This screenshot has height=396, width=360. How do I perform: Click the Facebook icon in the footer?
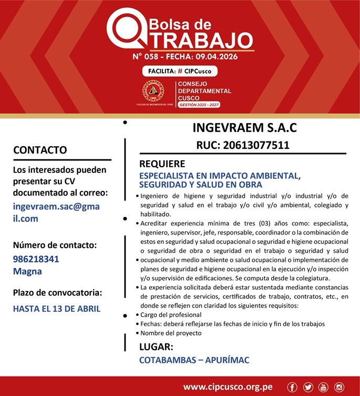click(292, 388)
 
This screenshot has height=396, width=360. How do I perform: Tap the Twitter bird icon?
click(308, 388)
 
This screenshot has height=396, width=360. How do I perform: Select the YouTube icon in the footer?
click(323, 388)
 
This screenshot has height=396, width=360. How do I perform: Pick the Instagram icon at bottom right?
click(340, 388)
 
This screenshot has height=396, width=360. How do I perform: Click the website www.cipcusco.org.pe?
click(228, 388)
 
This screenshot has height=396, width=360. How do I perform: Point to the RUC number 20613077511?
click(242, 145)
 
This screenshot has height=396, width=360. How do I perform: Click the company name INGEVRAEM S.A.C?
click(244, 128)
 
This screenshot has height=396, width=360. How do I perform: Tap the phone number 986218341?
click(36, 259)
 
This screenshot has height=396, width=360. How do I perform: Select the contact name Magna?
click(27, 271)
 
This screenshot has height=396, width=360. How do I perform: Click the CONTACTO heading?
click(40, 150)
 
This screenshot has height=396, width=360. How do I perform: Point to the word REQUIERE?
click(162, 164)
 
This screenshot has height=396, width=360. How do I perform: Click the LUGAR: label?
click(156, 347)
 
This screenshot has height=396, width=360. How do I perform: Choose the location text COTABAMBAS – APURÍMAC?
click(194, 360)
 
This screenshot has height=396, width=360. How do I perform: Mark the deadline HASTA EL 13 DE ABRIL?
click(56, 309)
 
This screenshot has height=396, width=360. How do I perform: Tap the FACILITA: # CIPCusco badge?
click(179, 71)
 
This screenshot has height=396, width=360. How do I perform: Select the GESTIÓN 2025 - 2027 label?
click(199, 105)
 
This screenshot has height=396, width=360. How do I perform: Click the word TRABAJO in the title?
click(197, 40)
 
